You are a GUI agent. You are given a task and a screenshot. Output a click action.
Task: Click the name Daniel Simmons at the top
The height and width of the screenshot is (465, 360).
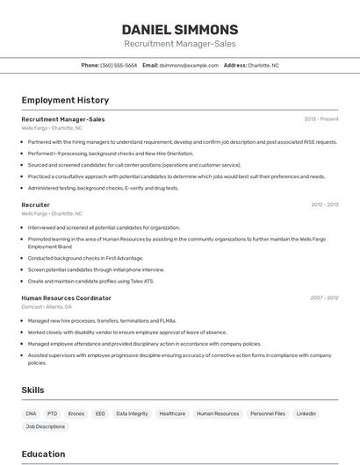coord(179,30)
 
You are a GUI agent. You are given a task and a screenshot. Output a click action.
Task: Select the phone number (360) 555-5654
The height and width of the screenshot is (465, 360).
coord(119,65)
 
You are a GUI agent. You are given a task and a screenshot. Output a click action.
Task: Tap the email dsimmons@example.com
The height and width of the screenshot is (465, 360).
coord(189,65)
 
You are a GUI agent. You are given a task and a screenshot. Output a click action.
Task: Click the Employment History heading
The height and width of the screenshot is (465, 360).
coord(65,100)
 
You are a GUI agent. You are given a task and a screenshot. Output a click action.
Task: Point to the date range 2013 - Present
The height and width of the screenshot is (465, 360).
coord(321,119)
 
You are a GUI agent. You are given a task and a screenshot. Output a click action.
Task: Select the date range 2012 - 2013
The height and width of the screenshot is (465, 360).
coord(324,204)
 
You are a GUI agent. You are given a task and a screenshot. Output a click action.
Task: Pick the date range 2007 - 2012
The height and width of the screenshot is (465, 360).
coord(324,298)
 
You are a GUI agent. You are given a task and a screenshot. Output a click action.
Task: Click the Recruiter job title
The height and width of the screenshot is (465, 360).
coord(36,204)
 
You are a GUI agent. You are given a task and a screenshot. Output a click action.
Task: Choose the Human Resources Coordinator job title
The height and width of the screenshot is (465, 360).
coord(66,298)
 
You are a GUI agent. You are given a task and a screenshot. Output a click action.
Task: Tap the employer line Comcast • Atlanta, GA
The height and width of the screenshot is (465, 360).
coord(47,306)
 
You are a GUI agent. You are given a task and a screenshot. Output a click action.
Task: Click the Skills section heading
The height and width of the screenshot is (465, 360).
coord(32,390)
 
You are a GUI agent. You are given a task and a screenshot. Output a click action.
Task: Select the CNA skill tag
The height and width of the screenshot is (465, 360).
coord(31,413)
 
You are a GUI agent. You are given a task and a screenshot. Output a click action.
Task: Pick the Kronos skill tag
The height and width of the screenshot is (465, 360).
coord(76,413)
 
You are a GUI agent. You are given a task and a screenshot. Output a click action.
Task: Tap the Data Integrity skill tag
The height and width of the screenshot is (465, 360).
coord(132,413)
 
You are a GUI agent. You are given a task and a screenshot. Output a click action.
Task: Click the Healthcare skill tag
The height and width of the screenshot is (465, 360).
coord(172,413)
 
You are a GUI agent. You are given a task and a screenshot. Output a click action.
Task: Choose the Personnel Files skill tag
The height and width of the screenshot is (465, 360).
coord(268,413)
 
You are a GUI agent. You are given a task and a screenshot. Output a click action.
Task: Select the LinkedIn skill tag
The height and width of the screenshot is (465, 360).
coord(306,413)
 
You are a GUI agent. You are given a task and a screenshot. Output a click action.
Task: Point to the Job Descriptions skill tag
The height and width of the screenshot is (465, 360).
coord(46,426)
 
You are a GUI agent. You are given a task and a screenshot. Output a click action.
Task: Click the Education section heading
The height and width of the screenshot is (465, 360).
coord(43,454)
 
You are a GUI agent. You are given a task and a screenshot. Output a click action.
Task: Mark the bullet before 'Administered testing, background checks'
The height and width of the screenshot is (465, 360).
coord(24,188)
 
